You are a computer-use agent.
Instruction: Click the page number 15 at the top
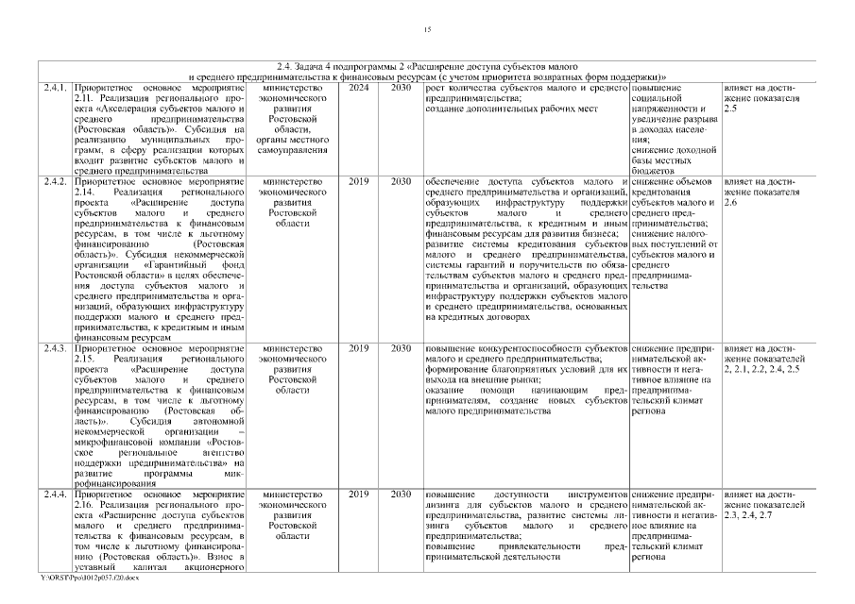(x=427, y=30)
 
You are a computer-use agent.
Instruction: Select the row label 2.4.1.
(x=54, y=88)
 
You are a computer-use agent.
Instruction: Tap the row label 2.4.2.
(x=54, y=180)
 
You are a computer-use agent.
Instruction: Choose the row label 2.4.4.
(x=54, y=494)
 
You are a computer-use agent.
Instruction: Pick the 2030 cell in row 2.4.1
(x=401, y=88)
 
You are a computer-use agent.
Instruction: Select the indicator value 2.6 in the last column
(x=729, y=202)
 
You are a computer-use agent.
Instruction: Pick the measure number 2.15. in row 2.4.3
(x=86, y=359)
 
